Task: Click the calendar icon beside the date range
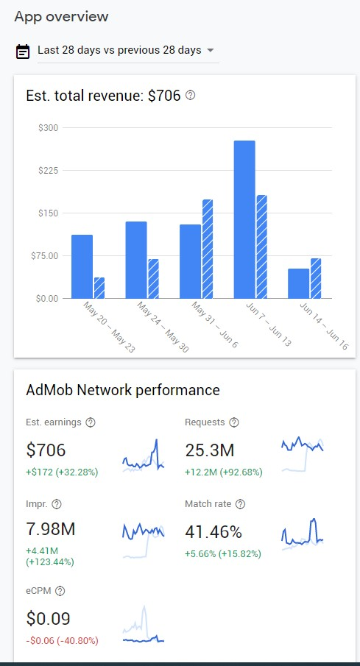click(23, 52)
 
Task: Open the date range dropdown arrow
click(210, 51)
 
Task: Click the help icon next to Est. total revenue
click(191, 96)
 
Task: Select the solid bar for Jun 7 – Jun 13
click(244, 219)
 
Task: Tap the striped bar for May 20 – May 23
click(99, 288)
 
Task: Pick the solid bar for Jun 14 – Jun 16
click(298, 283)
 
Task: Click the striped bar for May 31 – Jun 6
click(208, 249)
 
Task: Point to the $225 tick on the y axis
click(49, 170)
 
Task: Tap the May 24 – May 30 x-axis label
click(163, 327)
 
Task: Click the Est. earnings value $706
click(46, 450)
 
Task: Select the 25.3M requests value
click(210, 450)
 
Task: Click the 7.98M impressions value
click(51, 529)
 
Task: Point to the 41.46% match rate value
click(213, 532)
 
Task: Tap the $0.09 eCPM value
click(48, 619)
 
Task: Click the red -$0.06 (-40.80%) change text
click(62, 640)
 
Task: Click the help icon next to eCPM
click(60, 591)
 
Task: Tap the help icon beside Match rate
click(241, 504)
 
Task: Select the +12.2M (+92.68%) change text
click(224, 472)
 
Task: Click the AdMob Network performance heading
click(123, 389)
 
